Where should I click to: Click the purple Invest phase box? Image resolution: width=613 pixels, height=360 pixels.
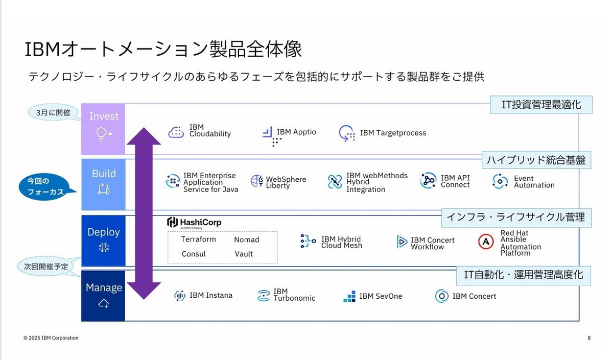tap(103, 129)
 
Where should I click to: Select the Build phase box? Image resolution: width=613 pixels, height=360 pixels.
tap(103, 184)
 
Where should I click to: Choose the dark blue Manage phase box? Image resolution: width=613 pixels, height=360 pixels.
tap(103, 296)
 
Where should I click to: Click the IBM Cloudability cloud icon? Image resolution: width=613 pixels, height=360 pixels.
tap(176, 132)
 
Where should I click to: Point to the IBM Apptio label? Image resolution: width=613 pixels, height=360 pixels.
tap(296, 132)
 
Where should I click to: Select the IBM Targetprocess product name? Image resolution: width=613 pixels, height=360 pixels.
tap(393, 133)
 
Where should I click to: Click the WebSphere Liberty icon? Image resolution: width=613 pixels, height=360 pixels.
tap(257, 181)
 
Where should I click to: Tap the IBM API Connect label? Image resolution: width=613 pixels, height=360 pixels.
tap(455, 181)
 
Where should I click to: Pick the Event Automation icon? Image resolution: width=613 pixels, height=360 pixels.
tap(500, 181)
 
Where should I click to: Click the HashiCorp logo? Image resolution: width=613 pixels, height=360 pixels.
tap(194, 223)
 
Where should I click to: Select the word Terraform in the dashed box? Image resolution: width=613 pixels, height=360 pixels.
tap(198, 239)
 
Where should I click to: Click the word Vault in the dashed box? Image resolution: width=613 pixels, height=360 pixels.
tap(244, 254)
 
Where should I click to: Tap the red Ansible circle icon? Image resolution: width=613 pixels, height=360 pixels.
tap(486, 242)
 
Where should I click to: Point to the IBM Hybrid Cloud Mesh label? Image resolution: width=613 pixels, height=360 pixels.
tap(341, 242)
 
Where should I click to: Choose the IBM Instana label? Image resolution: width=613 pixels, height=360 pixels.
tap(210, 295)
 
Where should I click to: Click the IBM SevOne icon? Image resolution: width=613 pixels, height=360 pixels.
tap(349, 296)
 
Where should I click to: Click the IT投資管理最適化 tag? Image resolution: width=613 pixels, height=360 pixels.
tap(541, 105)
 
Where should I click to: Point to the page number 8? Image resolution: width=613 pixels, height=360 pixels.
tap(589, 338)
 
